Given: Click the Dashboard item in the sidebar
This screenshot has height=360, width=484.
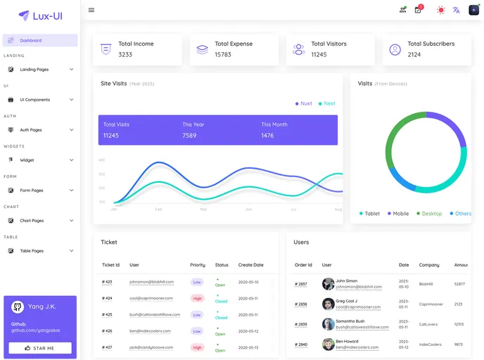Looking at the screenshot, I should pos(30,41).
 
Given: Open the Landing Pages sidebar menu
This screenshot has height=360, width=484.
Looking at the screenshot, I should pos(34,70).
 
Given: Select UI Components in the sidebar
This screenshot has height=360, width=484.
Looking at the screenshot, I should pos(34,100).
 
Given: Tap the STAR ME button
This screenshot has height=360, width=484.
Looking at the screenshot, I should pos(40,348).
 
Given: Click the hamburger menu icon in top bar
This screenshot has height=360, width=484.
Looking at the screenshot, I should pos(91,10).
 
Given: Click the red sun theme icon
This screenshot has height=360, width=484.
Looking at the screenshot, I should pos(441,10).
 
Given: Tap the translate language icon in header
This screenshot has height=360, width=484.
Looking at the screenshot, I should pos(457,10).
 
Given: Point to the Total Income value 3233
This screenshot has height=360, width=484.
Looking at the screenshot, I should pos(125,55).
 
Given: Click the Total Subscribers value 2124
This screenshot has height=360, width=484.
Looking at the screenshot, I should pos(414,55).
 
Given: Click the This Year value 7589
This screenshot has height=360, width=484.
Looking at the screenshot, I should pos(189,136).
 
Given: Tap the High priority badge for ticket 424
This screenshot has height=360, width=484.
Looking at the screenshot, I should pos(197,298).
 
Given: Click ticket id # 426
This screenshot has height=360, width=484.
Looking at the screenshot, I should pos(107,330).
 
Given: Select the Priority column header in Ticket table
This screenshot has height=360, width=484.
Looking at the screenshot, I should pos(198,265).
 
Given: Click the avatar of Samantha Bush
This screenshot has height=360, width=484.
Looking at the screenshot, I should pos(329,324).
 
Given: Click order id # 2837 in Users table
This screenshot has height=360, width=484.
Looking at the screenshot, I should pos(300,284).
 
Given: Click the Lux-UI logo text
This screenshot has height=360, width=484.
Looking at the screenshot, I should pos(47,15).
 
